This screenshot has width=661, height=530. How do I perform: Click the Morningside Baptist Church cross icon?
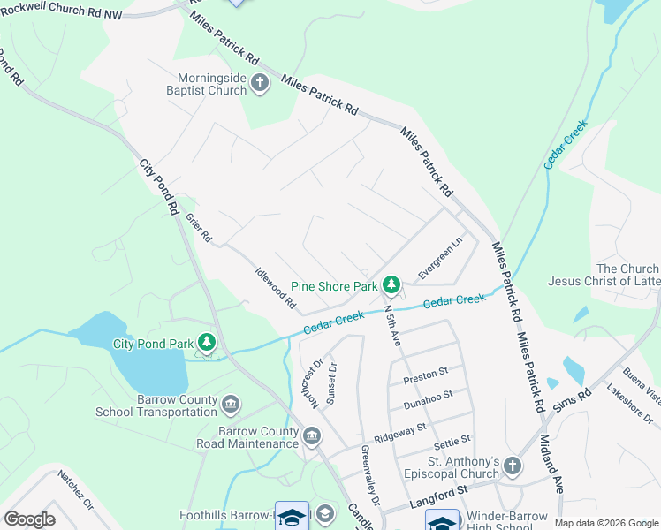click(260, 84)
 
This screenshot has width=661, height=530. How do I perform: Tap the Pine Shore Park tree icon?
click(391, 285)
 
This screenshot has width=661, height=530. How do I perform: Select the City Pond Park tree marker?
click(207, 342)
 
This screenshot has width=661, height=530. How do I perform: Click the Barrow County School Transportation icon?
click(231, 405)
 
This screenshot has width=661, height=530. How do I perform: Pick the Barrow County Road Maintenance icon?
click(311, 436)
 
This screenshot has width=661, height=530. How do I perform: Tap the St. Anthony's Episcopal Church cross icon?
click(513, 465)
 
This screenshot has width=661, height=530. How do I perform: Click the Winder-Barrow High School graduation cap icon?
click(442, 522)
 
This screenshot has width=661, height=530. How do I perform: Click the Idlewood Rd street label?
click(276, 288)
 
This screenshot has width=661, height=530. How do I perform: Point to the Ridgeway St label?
click(399, 432)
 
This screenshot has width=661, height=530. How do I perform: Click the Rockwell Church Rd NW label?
click(65, 10)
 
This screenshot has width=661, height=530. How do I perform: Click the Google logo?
click(29, 519)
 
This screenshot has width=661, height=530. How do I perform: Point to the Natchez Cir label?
click(76, 489)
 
